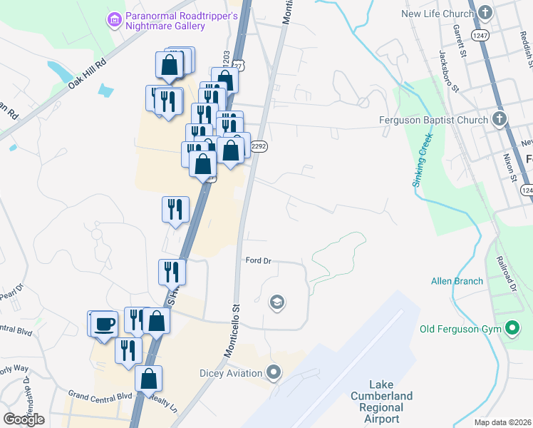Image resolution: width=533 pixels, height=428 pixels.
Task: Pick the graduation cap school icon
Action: pyautogui.click(x=276, y=303)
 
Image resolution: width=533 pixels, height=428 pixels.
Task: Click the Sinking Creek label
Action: pyautogui.click(x=422, y=162)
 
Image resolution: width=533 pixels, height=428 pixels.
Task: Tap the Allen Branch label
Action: pyautogui.click(x=457, y=281)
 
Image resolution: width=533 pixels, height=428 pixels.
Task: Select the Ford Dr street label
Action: pyautogui.click(x=259, y=260)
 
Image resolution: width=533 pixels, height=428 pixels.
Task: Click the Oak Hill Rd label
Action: pyautogui.click(x=86, y=73)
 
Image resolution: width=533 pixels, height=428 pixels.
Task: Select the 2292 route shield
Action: pyautogui.click(x=259, y=146)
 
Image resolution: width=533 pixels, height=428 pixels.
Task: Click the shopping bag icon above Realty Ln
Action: pyautogui.click(x=148, y=379)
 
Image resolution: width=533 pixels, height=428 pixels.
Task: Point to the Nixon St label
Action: pyautogui.click(x=508, y=165)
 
